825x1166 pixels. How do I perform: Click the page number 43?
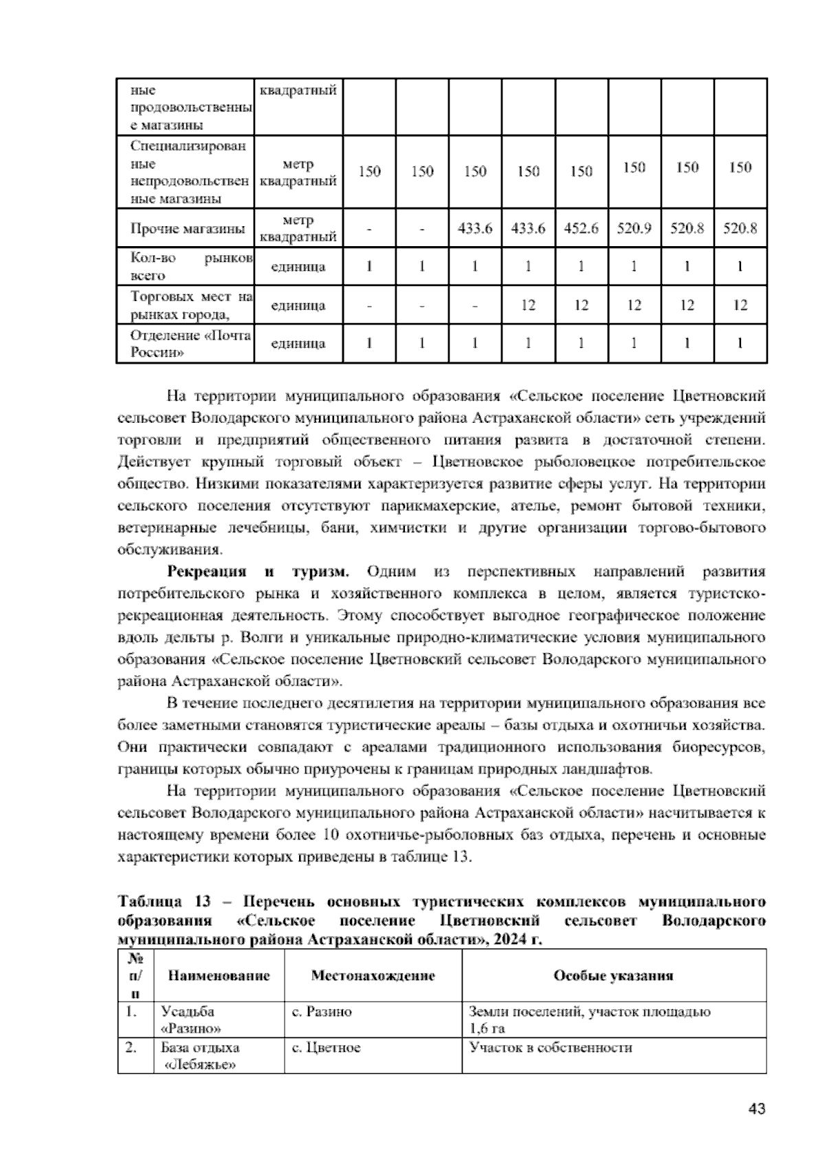(x=756, y=1109)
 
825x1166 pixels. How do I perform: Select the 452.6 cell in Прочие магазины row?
(x=581, y=229)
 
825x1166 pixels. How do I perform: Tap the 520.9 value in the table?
(x=634, y=229)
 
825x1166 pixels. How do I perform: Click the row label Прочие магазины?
(x=188, y=229)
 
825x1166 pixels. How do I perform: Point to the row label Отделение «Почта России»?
(x=190, y=344)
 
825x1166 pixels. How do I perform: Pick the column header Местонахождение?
(x=373, y=976)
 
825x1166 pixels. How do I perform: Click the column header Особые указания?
(x=613, y=976)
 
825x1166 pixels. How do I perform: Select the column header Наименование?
(x=219, y=976)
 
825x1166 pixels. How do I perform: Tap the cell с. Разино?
(x=322, y=1012)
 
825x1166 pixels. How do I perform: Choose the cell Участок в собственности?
(x=550, y=1048)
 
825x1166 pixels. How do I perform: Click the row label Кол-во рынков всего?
(x=190, y=267)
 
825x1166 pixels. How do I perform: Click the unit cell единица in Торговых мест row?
(x=298, y=305)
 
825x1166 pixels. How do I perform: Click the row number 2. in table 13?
(x=131, y=1048)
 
